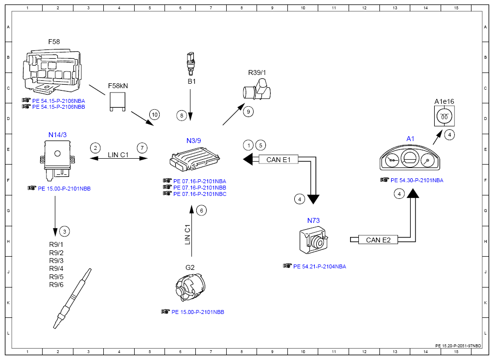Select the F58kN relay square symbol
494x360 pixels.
pyautogui.click(x=118, y=101)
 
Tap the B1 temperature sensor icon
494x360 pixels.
pyautogui.click(x=190, y=64)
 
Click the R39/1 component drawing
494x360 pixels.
pyautogui.click(x=257, y=90)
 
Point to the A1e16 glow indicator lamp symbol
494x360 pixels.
pyautogui.click(x=444, y=116)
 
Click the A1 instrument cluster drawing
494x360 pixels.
pyautogui.click(x=410, y=158)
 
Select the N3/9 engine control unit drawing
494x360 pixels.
pyautogui.click(x=194, y=159)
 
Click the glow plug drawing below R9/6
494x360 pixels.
pyautogui.click(x=72, y=298)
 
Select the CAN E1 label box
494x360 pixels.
pyautogui.click(x=279, y=160)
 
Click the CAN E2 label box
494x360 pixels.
pyautogui.click(x=378, y=240)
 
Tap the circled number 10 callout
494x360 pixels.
pyautogui.click(x=154, y=115)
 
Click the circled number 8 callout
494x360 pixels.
pyautogui.click(x=182, y=116)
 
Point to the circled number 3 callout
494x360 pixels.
pyautogui.click(x=65, y=232)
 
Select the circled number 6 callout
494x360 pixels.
pyautogui.click(x=202, y=211)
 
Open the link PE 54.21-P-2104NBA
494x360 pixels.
pyautogui.click(x=320, y=266)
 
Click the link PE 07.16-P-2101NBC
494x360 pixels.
pyautogui.click(x=200, y=194)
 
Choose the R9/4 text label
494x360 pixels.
pyautogui.click(x=56, y=268)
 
